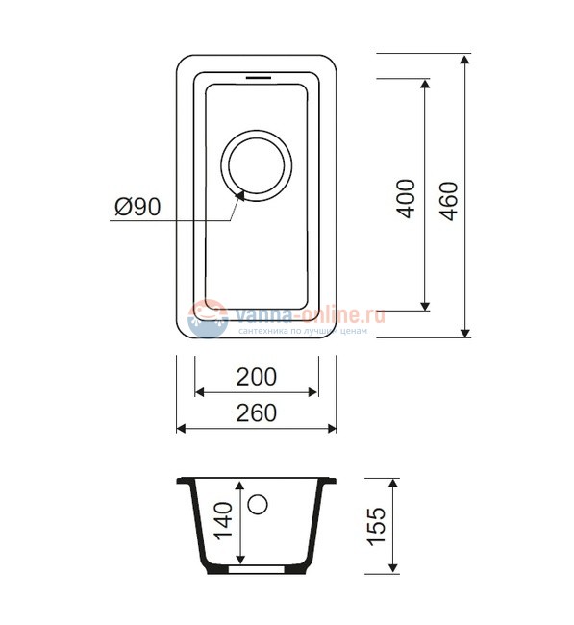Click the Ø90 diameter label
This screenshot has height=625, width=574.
tap(136, 207)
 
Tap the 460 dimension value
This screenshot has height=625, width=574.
tap(447, 199)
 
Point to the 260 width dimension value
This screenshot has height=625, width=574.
tap(257, 412)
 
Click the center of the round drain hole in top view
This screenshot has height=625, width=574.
tap(258, 163)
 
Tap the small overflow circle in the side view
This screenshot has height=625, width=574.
tap(258, 504)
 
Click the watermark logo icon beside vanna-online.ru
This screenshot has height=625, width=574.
tap(207, 318)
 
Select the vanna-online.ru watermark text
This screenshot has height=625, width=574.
tap(306, 314)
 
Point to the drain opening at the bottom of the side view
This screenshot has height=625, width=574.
tap(258, 568)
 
